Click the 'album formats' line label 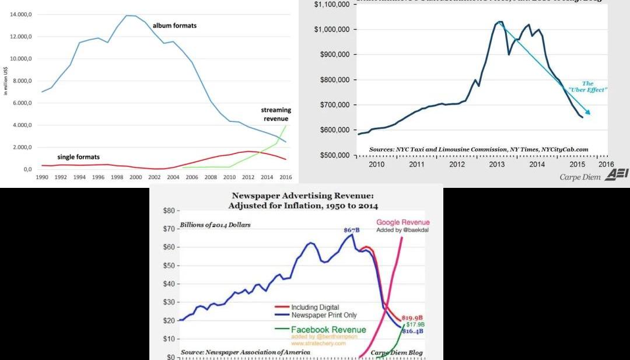click(174, 26)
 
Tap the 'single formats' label click(78, 157)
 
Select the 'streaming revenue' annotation click(276, 114)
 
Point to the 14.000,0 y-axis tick click(21, 15)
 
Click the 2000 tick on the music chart click(135, 176)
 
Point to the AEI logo click(617, 175)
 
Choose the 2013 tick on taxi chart click(497, 165)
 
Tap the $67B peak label click(352, 230)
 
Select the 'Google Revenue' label click(403, 222)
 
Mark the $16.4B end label click(413, 331)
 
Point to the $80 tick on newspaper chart click(169, 210)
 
